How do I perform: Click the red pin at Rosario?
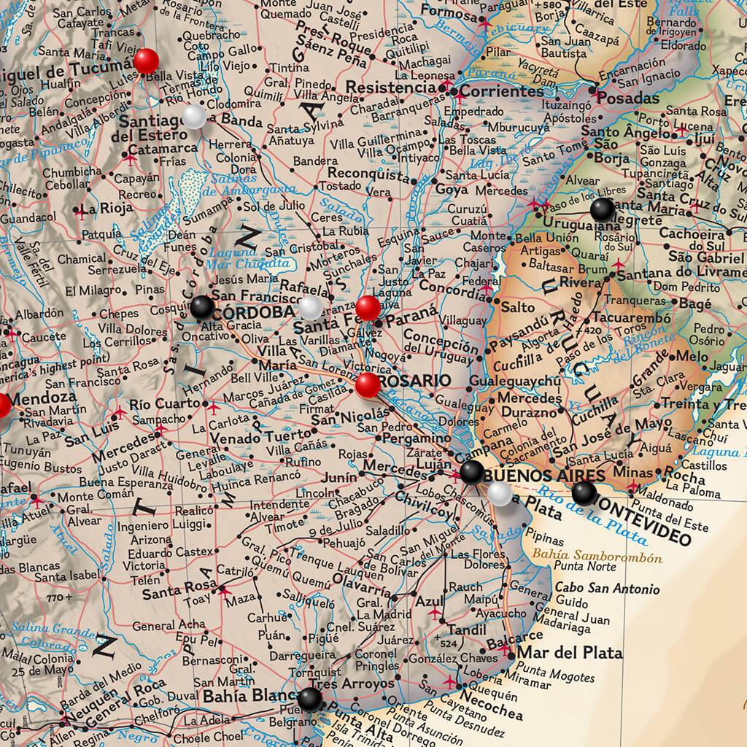click(x=368, y=384)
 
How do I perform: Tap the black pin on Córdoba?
click(x=202, y=307)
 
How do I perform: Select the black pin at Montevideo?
click(x=584, y=493)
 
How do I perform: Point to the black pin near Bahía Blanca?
click(x=309, y=700)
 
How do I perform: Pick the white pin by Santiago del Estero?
click(x=194, y=117)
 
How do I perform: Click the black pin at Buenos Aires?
click(x=471, y=471)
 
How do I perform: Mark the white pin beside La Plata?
click(x=500, y=494)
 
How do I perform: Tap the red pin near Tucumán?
click(x=147, y=60)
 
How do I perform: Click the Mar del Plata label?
click(x=570, y=652)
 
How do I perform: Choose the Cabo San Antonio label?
click(x=607, y=589)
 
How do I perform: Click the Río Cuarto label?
click(x=164, y=404)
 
